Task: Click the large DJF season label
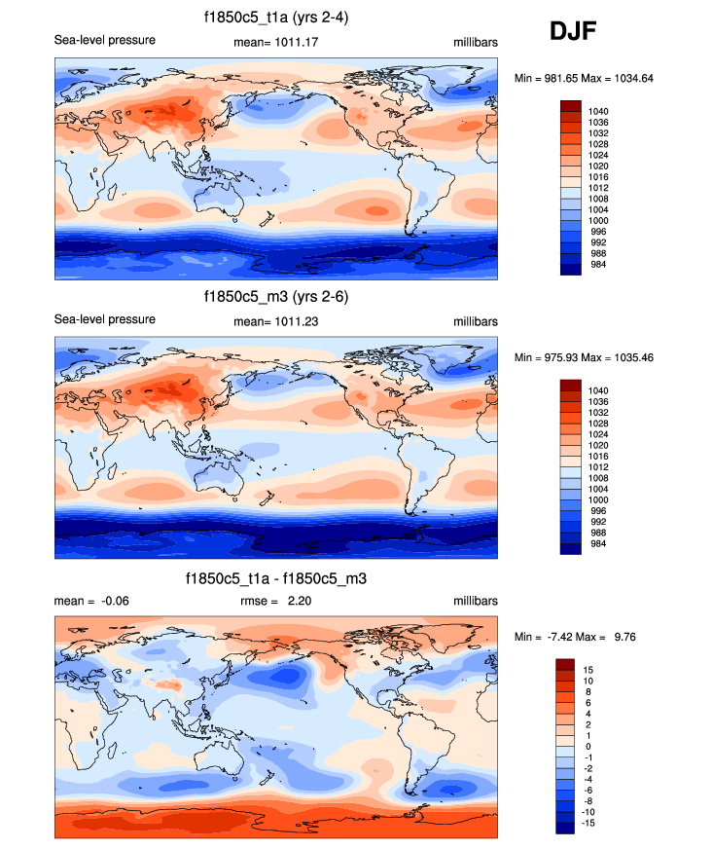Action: tap(573, 31)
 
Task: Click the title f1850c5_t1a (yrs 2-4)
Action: tap(277, 17)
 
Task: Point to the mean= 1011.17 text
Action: tap(277, 43)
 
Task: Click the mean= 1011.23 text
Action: tap(277, 322)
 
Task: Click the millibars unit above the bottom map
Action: tap(475, 601)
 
